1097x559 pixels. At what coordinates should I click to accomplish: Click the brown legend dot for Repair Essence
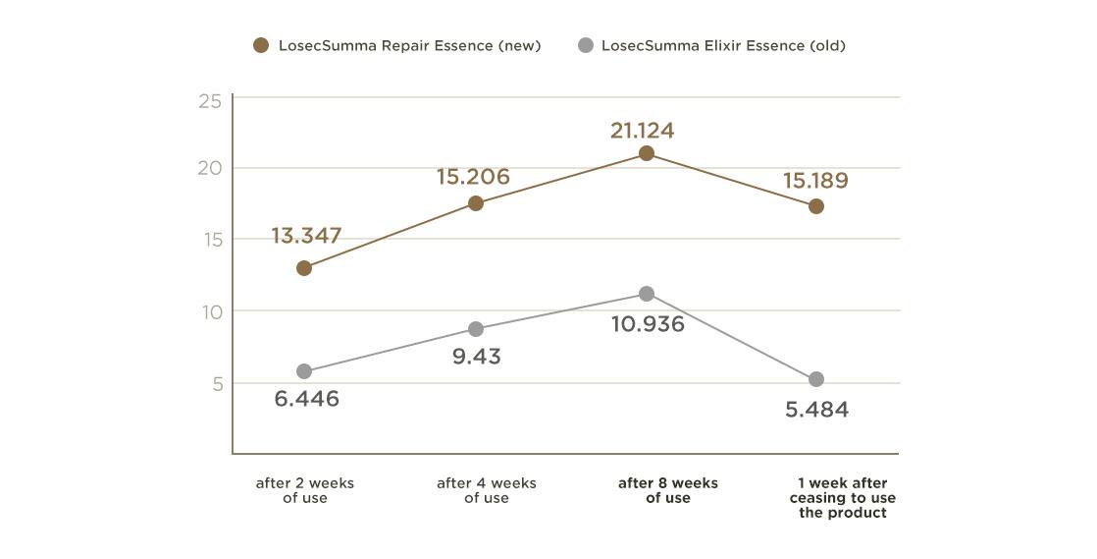point(261,45)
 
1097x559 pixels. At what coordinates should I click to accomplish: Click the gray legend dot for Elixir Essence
point(586,45)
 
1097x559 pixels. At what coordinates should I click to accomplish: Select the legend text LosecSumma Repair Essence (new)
point(409,45)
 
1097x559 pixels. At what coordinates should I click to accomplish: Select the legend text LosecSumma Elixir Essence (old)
point(723,45)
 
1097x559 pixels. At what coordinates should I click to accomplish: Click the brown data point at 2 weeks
point(304,268)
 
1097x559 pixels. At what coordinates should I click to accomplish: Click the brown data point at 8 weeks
point(647,153)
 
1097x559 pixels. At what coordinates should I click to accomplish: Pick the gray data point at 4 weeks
point(476,329)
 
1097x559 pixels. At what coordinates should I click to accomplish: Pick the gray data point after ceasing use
point(816,379)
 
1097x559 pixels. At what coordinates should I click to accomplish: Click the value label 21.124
point(642,130)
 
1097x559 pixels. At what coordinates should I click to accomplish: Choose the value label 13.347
point(307,236)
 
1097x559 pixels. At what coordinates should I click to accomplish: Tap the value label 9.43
point(477,357)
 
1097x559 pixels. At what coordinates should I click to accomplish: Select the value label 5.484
point(816,410)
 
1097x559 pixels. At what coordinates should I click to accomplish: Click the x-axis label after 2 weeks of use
point(304,490)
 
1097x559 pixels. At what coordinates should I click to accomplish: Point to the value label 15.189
point(815,181)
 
